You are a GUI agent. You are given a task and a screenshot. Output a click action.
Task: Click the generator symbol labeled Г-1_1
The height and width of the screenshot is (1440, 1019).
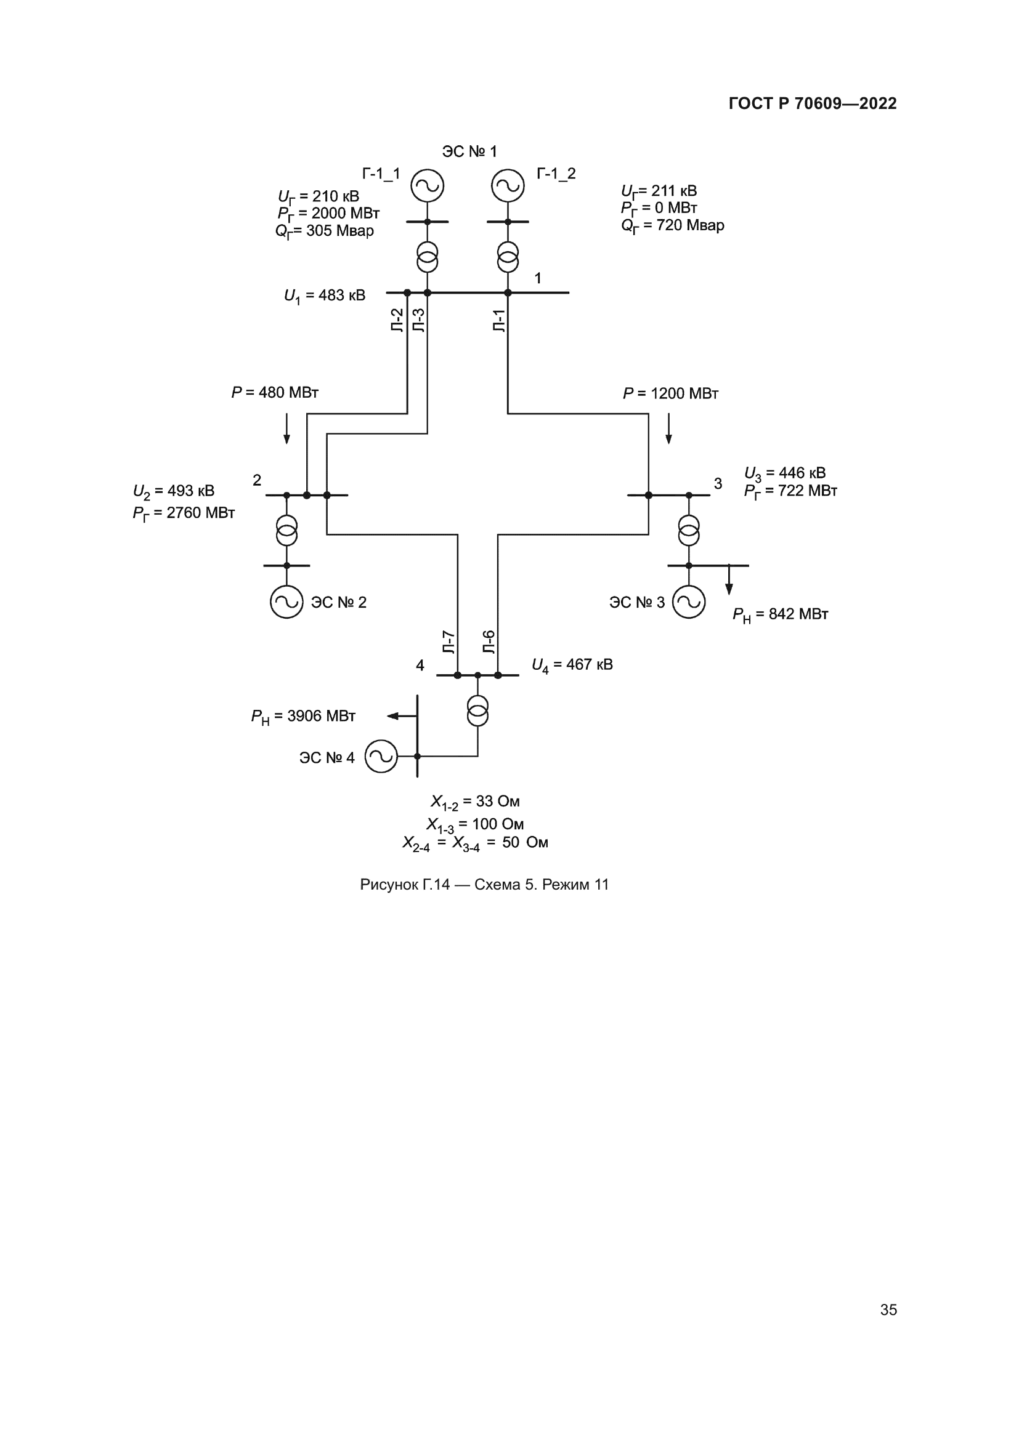428,186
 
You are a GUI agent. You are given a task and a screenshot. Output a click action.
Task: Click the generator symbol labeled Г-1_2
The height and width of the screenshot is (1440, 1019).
508,186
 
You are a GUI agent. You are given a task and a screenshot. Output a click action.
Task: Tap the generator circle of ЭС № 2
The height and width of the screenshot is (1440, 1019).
286,602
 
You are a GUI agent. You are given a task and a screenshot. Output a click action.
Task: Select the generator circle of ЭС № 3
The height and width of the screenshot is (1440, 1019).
688,602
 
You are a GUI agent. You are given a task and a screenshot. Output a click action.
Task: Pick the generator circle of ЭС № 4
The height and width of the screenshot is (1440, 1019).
381,757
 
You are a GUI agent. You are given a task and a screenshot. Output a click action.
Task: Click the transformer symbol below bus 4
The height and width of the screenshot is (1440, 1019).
477,710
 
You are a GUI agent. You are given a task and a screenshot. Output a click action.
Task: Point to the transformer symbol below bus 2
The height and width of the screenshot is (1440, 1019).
286,531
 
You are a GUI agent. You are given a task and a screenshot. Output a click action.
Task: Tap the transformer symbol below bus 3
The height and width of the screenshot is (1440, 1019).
688,531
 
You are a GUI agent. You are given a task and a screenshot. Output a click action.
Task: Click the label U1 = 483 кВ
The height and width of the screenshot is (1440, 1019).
325,296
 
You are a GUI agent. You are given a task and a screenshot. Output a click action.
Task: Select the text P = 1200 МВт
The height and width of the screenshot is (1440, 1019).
670,394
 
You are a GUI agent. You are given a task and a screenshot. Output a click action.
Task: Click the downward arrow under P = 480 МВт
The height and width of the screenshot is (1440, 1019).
286,428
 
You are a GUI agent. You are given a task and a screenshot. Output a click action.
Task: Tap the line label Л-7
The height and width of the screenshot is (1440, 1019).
449,642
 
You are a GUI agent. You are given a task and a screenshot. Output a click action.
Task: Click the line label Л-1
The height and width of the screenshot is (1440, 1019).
499,321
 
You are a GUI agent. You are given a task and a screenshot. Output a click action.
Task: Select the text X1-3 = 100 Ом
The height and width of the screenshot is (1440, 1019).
475,824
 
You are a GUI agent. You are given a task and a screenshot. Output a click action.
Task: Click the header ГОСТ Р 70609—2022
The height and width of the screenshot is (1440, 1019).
813,103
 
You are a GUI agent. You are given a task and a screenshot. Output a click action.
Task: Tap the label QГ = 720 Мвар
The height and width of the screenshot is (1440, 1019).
673,225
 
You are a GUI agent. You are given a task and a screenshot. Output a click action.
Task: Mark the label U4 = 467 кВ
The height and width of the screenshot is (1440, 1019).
572,665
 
